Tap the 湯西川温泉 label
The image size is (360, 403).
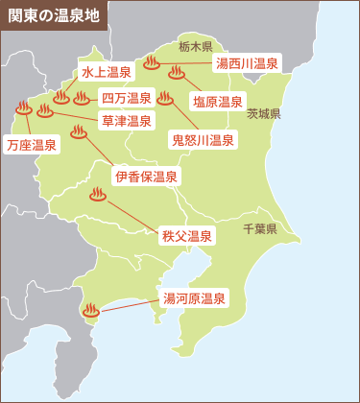coord(247,64)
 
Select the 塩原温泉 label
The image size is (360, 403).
coord(218,101)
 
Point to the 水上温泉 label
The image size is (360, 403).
coord(106,73)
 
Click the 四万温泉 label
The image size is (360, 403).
coord(127,98)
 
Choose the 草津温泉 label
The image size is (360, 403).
coord(127,121)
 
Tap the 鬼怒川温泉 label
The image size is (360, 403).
coord(203,140)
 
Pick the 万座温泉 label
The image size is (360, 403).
coord(31,145)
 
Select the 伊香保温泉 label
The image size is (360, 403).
coord(146,177)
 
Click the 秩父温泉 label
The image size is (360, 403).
coord(187,235)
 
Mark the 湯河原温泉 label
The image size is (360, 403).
coord(195,299)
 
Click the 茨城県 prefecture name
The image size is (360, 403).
coord(262,113)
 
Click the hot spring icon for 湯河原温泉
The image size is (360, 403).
coord(91,310)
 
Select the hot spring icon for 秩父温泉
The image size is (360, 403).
coord(97,196)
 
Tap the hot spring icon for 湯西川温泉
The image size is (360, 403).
coord(156,64)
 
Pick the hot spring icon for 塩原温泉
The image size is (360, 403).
coord(176,72)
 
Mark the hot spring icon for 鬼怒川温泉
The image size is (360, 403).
coord(165,97)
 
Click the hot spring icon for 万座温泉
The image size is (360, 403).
coord(22,107)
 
